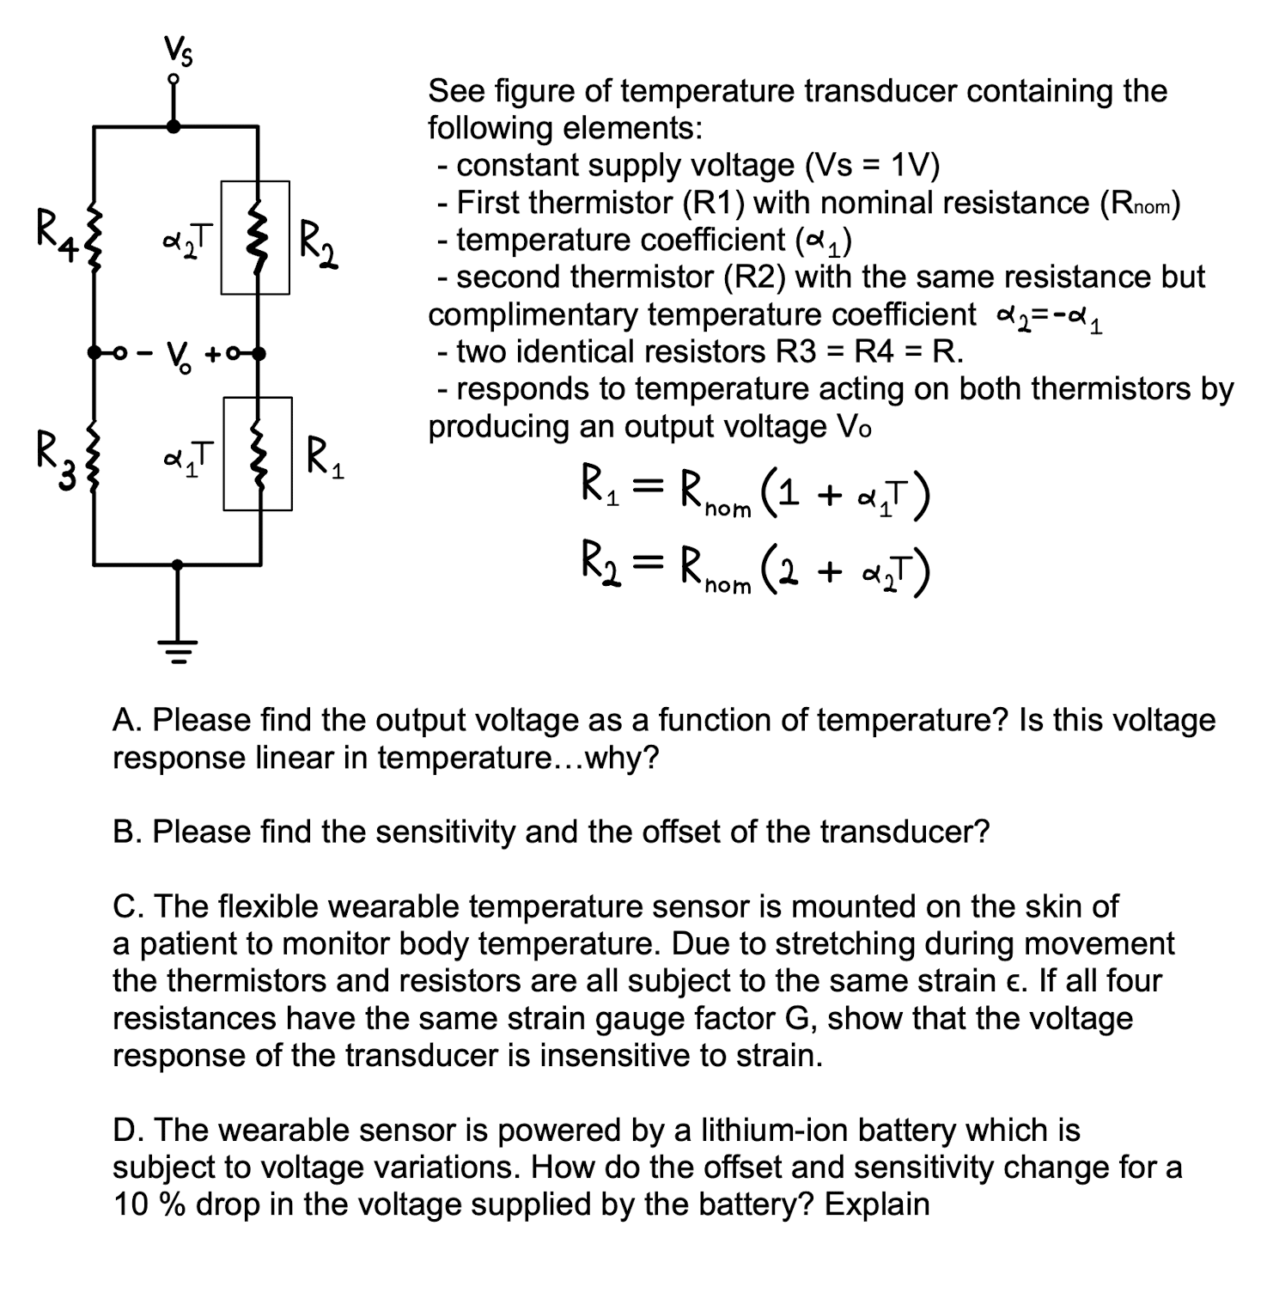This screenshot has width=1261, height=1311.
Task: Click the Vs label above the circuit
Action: pos(179,53)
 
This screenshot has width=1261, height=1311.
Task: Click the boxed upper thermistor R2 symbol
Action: pos(255,237)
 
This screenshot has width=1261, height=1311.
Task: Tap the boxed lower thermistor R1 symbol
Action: pos(258,454)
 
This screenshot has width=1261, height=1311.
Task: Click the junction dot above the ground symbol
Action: pos(178,564)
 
